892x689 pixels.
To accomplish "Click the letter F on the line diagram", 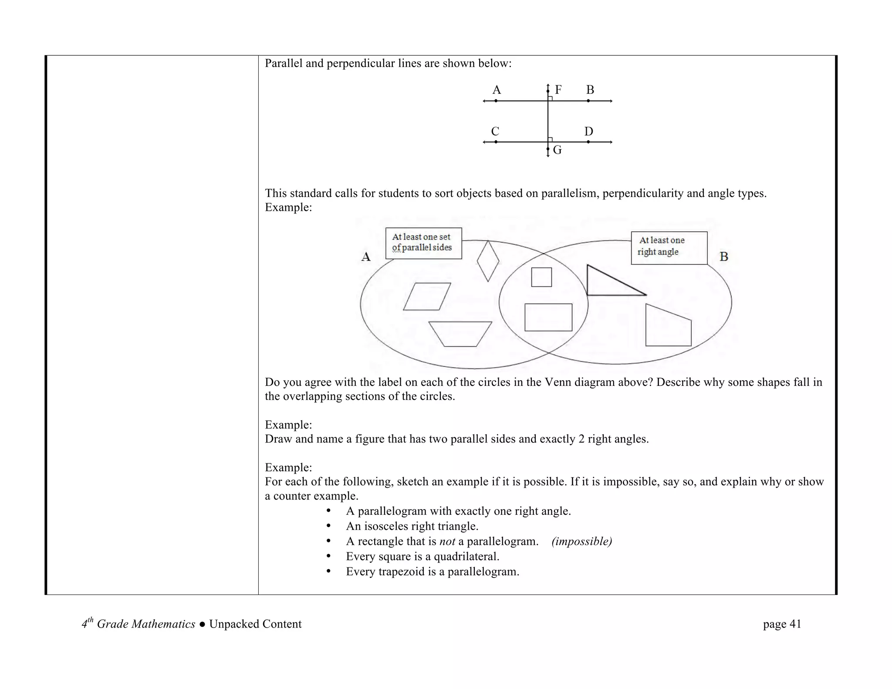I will tap(558, 90).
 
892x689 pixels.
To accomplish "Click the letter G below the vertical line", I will tap(557, 150).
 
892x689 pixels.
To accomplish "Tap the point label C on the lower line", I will tap(495, 132).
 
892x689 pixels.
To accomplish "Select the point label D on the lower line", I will tap(588, 132).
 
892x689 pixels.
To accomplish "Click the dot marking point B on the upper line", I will tap(588, 101).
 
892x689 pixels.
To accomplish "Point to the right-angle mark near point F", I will tap(551, 98).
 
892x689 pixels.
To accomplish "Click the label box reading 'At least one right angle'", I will tap(669, 248).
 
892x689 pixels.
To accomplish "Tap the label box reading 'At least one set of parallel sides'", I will tap(423, 243).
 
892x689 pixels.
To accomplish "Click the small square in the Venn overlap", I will tap(541, 277).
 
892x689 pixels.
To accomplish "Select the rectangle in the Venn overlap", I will tap(548, 317).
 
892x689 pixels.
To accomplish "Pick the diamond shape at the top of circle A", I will tap(488, 261).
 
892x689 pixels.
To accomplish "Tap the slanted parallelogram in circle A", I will tap(427, 297).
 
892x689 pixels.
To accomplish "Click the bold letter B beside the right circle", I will tap(724, 257).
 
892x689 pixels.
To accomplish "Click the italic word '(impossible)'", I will tap(581, 541).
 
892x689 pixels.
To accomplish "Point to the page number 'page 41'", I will tap(782, 624).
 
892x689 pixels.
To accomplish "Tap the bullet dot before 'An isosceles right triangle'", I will tap(329, 526).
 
